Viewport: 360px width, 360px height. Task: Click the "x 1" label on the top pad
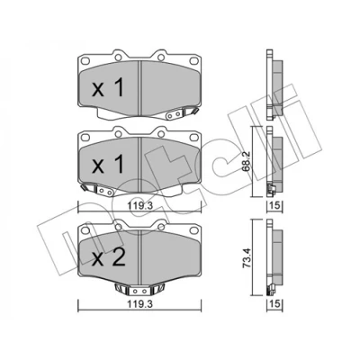pyautogui.click(x=108, y=88)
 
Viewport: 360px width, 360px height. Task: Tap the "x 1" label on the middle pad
pyautogui.click(x=108, y=165)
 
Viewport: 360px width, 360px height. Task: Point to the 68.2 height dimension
pyautogui.click(x=247, y=162)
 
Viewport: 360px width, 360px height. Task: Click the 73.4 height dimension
pyautogui.click(x=247, y=257)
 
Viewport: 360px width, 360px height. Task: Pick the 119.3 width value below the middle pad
pyautogui.click(x=139, y=206)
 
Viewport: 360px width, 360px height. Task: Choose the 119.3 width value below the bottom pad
pyautogui.click(x=139, y=303)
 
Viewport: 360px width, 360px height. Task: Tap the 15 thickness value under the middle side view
pyautogui.click(x=274, y=206)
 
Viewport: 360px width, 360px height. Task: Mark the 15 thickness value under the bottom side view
pyautogui.click(x=274, y=303)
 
